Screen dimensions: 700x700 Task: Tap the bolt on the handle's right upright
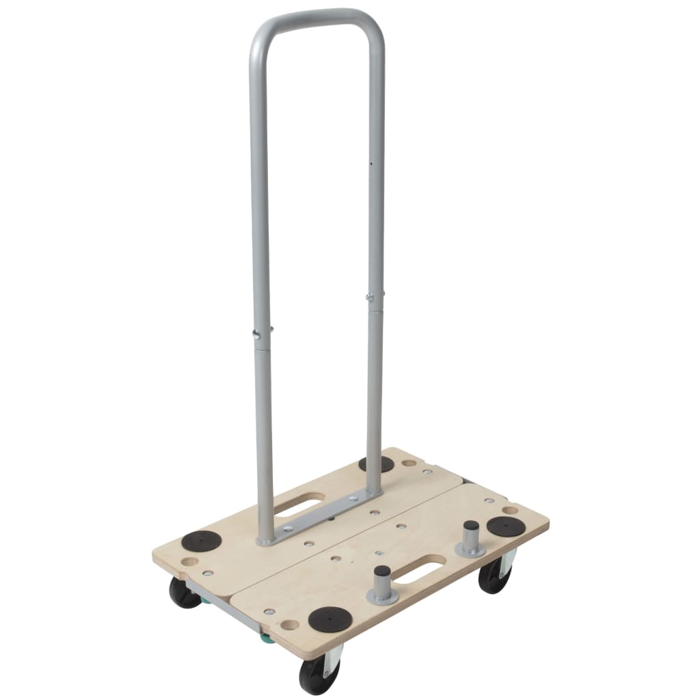(370, 297)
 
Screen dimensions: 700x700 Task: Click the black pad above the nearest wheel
(329, 619)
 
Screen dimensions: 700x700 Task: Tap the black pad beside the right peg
(507, 527)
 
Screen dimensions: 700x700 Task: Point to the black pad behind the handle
(377, 464)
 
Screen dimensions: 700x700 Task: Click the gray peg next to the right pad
(470, 539)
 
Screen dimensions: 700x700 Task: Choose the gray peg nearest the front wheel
(382, 584)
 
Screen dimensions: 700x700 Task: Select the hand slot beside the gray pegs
(424, 568)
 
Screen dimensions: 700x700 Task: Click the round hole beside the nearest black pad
(291, 624)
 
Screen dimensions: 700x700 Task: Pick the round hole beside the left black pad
(187, 561)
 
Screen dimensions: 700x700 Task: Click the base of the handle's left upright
(265, 537)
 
